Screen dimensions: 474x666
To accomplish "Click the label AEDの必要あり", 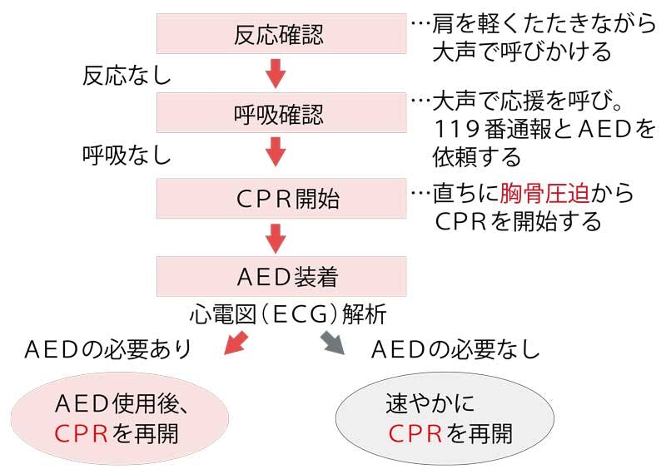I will pyautogui.click(x=107, y=348).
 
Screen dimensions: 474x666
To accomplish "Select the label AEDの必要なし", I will pyautogui.click(x=454, y=348).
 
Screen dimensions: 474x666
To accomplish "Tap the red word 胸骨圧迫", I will pyautogui.click(x=544, y=194).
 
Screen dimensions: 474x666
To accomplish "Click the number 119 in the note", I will pyautogui.click(x=454, y=130).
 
